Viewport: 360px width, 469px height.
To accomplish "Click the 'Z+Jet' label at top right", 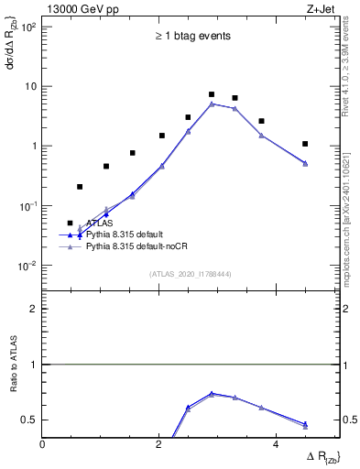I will coord(322,8).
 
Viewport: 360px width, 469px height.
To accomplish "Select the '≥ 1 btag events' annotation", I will coord(191,37).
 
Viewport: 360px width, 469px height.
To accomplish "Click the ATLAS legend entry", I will coord(100,223).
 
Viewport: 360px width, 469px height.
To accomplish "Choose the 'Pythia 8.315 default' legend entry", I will coord(127,234).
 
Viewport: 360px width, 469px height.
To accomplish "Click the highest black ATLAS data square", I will coord(212,94).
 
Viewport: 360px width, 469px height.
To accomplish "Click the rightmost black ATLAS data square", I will coord(305,144).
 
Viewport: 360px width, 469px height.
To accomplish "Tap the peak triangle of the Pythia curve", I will coord(212,104).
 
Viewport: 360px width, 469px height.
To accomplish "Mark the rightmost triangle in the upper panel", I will coord(305,163).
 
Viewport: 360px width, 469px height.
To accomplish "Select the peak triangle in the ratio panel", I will coord(212,393).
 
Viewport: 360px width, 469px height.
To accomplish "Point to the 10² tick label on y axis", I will coord(27,27).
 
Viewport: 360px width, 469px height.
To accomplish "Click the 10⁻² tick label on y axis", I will coord(27,266).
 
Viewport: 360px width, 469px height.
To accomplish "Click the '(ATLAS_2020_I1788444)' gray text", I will coord(190,274).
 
